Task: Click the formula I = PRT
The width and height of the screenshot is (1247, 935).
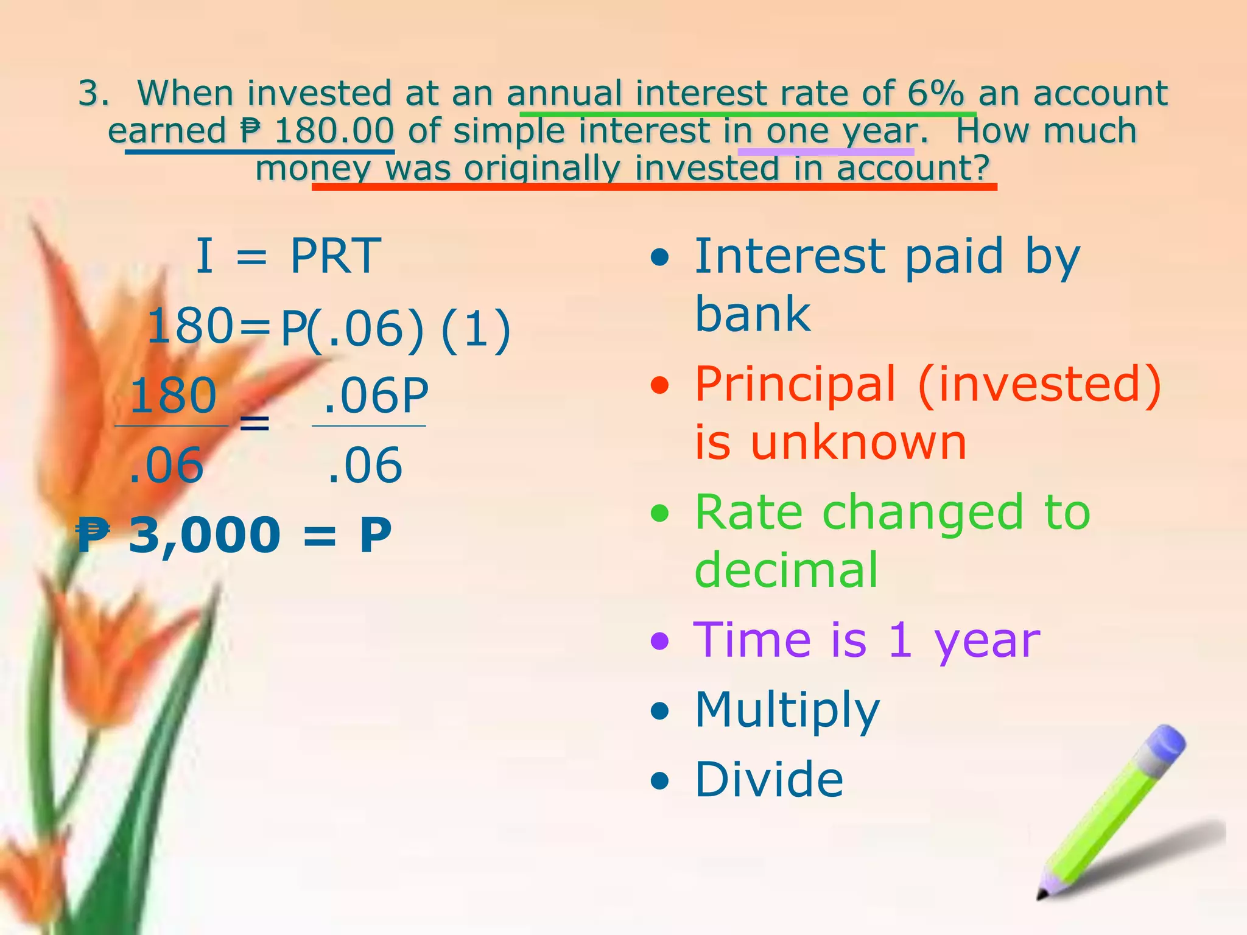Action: pos(288,256)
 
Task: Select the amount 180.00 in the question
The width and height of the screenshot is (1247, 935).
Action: pos(334,131)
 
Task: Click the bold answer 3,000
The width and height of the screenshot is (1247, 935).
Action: pos(205,535)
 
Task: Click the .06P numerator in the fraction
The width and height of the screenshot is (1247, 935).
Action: pos(375,396)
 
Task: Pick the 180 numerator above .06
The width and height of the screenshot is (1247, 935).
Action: pos(173,396)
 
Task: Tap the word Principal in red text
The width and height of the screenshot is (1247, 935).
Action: pos(795,384)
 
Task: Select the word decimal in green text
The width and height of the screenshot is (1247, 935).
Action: pos(786,570)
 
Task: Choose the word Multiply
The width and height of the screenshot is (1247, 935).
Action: pos(787,710)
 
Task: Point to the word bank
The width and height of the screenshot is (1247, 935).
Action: pos(753,314)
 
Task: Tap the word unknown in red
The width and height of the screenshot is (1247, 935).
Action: pos(859,442)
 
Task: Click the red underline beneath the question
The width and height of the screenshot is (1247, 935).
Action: pos(654,186)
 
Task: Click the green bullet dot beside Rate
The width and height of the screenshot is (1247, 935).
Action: pos(659,513)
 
